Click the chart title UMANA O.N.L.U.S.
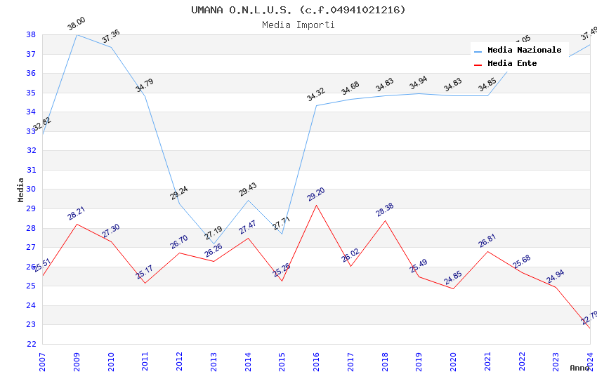tap(298, 10)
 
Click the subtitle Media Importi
tap(298, 25)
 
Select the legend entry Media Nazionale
tap(524, 51)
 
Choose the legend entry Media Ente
tap(512, 63)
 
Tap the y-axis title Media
tap(20, 189)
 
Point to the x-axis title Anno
tap(579, 368)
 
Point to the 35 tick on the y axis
tap(31, 93)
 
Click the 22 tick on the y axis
tap(31, 344)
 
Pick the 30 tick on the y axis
tap(31, 189)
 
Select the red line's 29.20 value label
tap(316, 194)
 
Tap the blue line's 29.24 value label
tap(179, 193)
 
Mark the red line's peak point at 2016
tap(316, 205)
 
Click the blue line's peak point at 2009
tap(77, 34)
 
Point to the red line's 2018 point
tap(385, 220)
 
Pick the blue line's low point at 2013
tap(214, 244)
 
